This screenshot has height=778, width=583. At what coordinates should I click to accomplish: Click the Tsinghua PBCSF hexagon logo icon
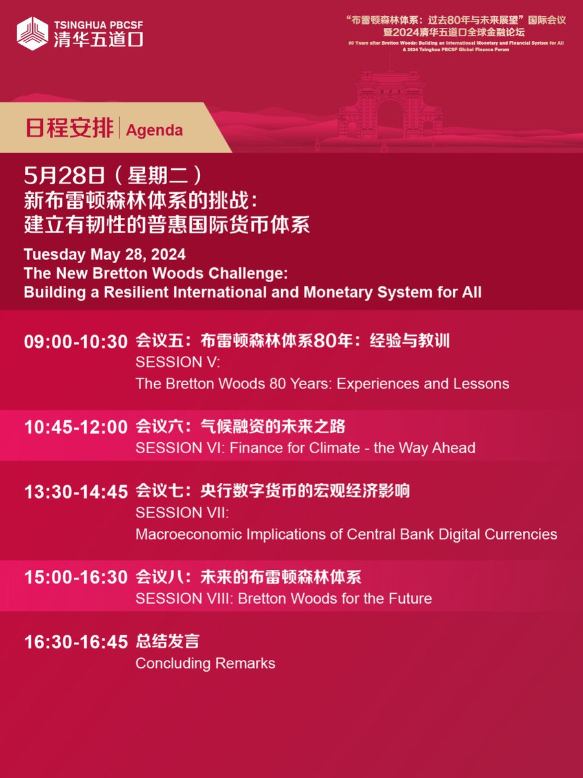pyautogui.click(x=32, y=33)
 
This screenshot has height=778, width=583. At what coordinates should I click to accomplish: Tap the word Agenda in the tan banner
pyautogui.click(x=155, y=130)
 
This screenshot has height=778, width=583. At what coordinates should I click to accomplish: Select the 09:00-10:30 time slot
pyautogui.click(x=76, y=342)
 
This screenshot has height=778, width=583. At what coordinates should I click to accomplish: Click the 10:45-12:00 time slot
pyautogui.click(x=76, y=427)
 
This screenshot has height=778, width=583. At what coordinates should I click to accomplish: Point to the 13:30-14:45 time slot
pyautogui.click(x=76, y=492)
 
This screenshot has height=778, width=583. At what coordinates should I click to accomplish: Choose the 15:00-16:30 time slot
pyautogui.click(x=76, y=578)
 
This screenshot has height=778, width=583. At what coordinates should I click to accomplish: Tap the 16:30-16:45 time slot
pyautogui.click(x=76, y=642)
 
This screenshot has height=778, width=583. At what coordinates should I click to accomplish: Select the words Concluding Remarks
pyautogui.click(x=205, y=663)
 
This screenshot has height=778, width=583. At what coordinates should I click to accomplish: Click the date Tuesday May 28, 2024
pyautogui.click(x=104, y=253)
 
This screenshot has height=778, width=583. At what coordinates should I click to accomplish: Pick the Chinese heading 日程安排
pyautogui.click(x=69, y=128)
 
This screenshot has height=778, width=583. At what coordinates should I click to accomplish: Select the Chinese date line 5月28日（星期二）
pyautogui.click(x=115, y=176)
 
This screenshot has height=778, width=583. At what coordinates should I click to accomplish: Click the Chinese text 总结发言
pyautogui.click(x=167, y=642)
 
